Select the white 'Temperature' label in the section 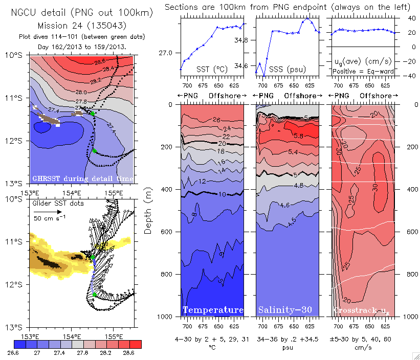pyautogui.click(x=213, y=310)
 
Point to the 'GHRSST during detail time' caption pyautogui.click(x=83, y=178)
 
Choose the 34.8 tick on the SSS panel pyautogui.click(x=243, y=40)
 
